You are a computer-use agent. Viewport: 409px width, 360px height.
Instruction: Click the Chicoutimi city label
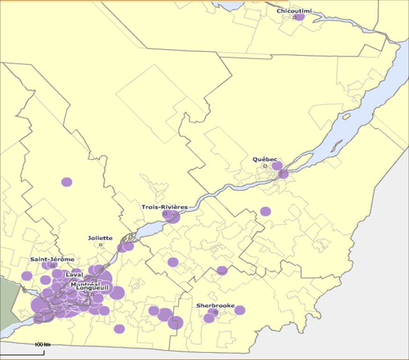point(294,11)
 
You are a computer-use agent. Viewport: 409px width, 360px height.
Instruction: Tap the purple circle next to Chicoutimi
point(300,16)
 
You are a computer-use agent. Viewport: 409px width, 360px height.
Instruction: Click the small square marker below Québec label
point(265,166)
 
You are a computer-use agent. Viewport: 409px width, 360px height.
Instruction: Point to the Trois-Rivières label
point(165,207)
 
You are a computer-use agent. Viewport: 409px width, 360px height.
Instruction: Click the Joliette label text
point(100,238)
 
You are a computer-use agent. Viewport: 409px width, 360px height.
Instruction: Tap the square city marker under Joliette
point(100,244)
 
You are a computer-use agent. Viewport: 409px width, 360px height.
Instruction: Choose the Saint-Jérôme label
point(52,259)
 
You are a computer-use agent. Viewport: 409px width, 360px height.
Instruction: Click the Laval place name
point(74,274)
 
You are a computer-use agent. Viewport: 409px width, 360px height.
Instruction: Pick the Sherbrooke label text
point(215,305)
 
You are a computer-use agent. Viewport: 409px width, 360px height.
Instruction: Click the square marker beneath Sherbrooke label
point(215,312)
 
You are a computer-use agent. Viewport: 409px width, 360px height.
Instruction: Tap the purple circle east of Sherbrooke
point(240,310)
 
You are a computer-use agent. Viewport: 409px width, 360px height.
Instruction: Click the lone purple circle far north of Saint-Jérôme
point(67,182)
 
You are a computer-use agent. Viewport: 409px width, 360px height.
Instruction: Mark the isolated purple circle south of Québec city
point(265,211)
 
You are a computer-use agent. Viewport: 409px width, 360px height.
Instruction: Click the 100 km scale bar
point(42,345)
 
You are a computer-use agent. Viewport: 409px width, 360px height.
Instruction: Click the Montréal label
point(85,284)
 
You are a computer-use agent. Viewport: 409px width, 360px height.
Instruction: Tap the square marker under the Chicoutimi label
point(294,17)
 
